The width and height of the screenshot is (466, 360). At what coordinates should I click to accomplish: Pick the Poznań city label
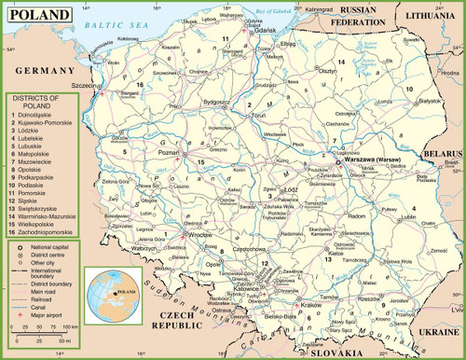(x=170, y=148)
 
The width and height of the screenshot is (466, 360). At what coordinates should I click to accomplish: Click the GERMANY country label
(x=38, y=70)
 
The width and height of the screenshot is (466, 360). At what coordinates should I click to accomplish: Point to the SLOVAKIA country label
(x=334, y=353)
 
